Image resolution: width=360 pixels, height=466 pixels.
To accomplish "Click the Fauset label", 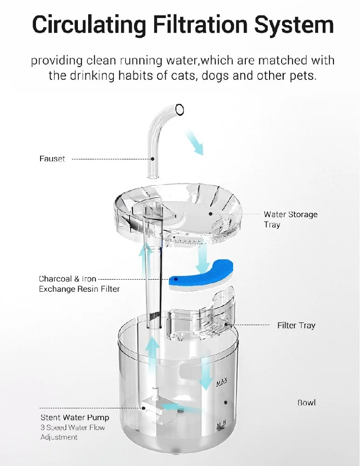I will (x=52, y=159).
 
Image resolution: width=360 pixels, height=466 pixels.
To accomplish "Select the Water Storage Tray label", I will (x=290, y=219).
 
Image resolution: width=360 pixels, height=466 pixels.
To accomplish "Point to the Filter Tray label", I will (x=296, y=325).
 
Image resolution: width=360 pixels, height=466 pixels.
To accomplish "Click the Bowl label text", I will (x=307, y=403).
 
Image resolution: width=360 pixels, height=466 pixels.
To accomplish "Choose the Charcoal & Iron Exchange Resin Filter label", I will (x=79, y=284).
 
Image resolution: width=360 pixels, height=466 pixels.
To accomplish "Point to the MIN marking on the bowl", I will (x=221, y=425).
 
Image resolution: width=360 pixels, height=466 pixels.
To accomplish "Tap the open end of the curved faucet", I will (x=178, y=110).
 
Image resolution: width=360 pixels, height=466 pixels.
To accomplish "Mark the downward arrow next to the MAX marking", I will (x=205, y=373).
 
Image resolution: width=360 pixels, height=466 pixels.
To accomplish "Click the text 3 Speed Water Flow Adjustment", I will (x=72, y=432).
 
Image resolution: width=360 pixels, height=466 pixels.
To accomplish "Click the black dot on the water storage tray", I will (x=210, y=214).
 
